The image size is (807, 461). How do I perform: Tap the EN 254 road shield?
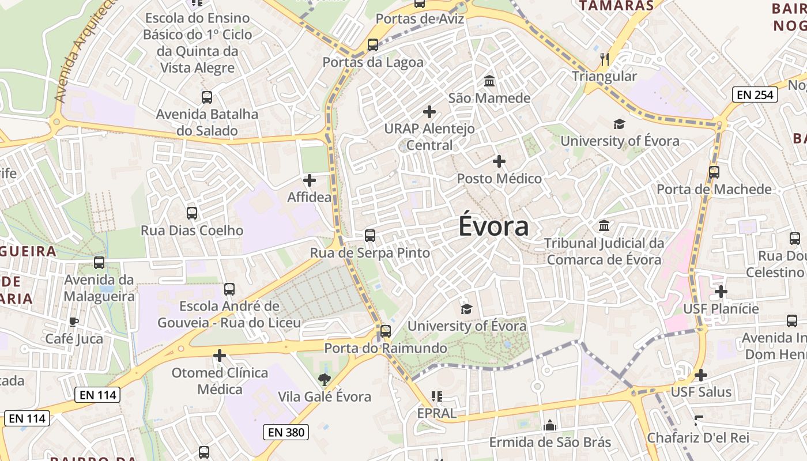[755, 95]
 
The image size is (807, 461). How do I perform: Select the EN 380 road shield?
[286, 432]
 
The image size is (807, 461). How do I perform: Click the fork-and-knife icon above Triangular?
[605, 59]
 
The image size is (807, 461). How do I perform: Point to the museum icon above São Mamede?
[489, 81]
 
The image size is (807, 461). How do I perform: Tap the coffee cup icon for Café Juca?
[74, 322]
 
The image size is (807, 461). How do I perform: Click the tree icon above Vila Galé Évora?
[325, 379]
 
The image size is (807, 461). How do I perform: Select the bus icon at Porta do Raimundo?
[386, 331]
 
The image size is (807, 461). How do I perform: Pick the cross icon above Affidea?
[310, 180]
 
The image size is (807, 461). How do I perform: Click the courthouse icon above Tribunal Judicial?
[604, 226]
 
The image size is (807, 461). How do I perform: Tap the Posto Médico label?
[499, 179]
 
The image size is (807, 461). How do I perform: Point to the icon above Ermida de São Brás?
[550, 425]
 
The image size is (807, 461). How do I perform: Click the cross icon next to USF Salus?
[701, 376]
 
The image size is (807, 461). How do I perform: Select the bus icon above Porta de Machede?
[714, 172]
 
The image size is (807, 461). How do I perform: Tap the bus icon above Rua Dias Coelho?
[192, 213]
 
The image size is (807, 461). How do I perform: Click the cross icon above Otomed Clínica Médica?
[220, 356]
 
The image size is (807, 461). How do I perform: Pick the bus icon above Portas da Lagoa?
[373, 45]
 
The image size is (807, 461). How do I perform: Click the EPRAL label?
[437, 413]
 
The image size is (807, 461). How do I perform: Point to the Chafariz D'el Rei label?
[698, 437]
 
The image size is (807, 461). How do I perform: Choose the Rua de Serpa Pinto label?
[370, 253]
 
